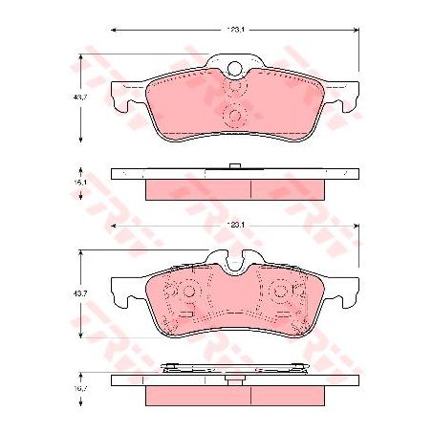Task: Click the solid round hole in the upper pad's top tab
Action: (235, 67)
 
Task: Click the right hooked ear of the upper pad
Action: (345, 97)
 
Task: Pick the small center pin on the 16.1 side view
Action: (235, 167)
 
